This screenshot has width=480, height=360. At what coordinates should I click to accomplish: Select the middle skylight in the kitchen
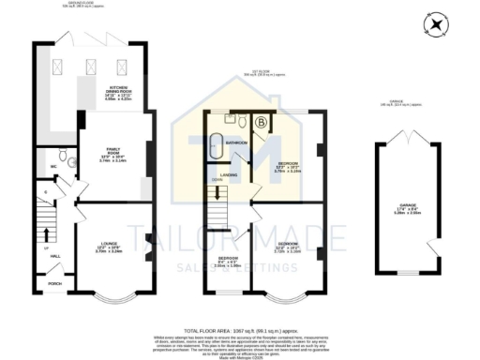(92, 67)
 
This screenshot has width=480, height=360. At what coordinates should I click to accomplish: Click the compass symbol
(434, 25)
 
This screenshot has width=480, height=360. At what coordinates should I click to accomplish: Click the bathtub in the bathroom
(217, 146)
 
